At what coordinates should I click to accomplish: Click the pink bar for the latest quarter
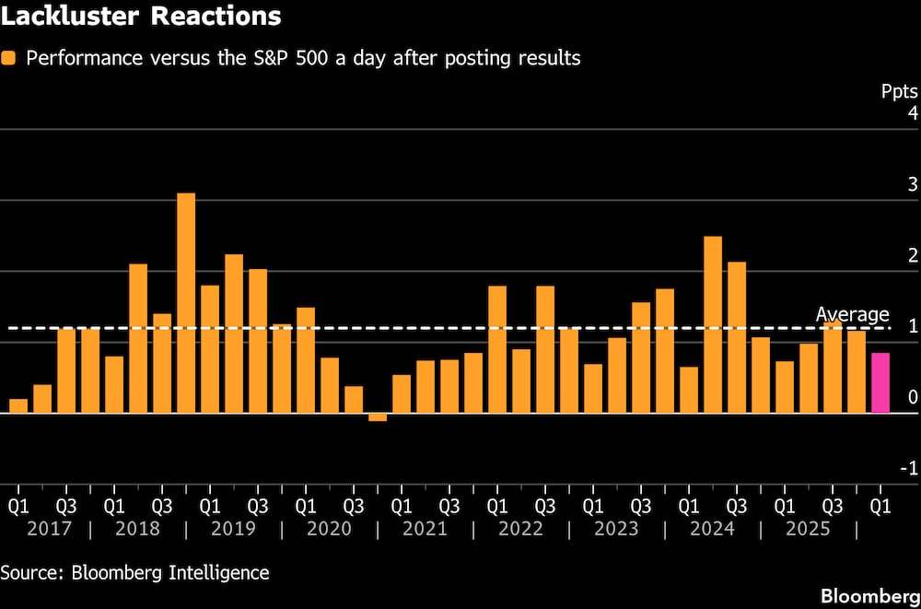880,382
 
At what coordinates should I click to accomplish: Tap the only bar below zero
378,417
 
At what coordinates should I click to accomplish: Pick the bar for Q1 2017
18,405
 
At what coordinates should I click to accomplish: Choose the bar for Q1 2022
497,349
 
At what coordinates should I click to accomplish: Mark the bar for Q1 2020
306,360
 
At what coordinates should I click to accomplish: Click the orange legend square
9,58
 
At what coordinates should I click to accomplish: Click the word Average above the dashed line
852,315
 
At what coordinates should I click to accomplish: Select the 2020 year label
329,529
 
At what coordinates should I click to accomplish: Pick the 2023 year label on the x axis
616,529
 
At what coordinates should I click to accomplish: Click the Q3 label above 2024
737,506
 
